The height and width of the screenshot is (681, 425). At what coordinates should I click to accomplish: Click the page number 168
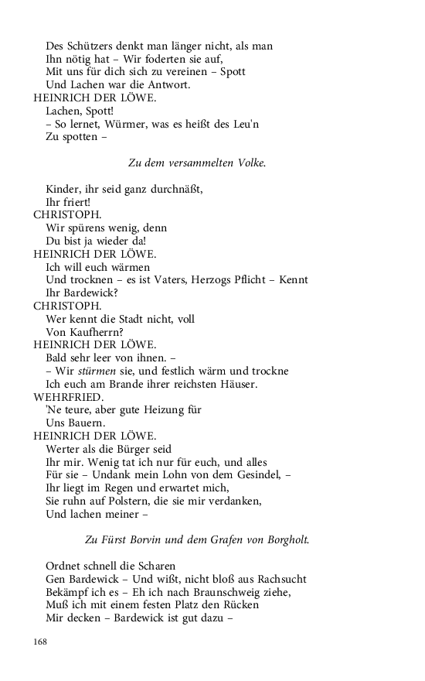pyautogui.click(x=41, y=642)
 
